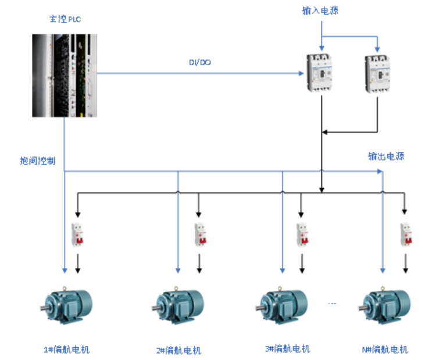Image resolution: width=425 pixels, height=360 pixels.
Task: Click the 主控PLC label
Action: coord(65,20)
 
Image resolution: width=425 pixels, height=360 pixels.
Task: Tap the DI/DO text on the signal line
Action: coord(199,62)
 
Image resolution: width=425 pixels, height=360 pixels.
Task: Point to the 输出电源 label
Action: coord(385,156)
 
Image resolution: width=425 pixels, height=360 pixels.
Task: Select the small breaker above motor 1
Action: coord(77,234)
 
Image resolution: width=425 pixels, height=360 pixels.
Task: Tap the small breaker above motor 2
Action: coord(199,234)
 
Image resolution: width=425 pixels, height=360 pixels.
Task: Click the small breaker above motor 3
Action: coord(301,234)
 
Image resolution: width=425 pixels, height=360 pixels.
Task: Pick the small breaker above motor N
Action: coord(405,234)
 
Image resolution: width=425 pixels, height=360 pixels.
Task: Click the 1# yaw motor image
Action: coord(66,304)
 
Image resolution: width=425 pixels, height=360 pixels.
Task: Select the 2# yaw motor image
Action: coord(178,304)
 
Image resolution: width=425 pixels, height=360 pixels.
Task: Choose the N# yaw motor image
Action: coord(383,304)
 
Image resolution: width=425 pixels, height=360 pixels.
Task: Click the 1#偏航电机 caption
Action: coord(67,350)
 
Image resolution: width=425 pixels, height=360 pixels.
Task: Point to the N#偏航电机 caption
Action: coord(384,350)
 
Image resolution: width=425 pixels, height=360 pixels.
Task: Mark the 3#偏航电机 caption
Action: coord(287,349)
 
